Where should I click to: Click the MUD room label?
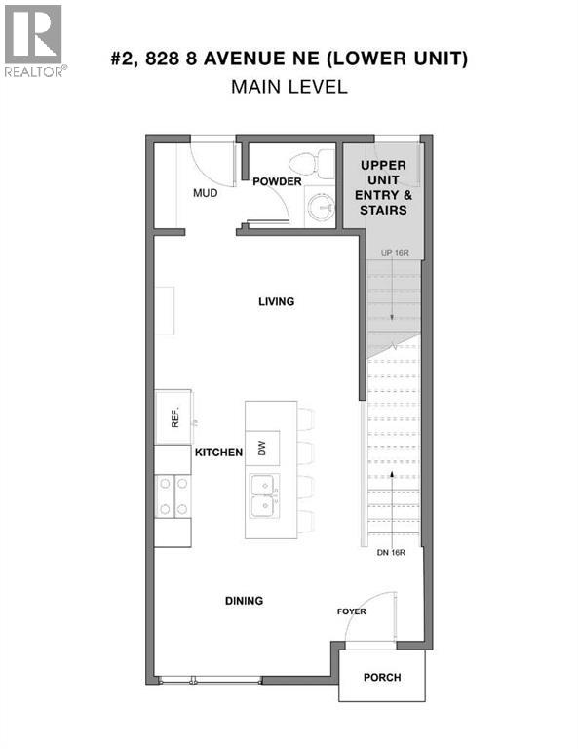[x=205, y=193]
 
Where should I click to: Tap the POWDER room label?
[x=277, y=181]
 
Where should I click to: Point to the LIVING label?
[x=276, y=302]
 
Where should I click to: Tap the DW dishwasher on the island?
[x=261, y=448]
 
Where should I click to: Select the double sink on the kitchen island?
[x=261, y=494]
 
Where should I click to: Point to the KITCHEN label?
[x=218, y=453]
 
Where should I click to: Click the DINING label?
[x=243, y=601]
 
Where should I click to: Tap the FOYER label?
[x=351, y=612]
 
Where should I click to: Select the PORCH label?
[x=381, y=678]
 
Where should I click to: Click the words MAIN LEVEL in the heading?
[x=289, y=87]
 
